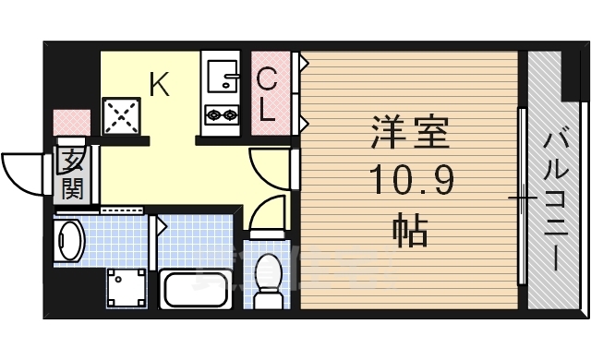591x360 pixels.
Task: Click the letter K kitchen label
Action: click(159, 86)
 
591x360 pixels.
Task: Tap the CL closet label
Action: click(266, 95)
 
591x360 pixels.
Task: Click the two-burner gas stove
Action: click(222, 115)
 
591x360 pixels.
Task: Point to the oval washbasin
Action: click(70, 242)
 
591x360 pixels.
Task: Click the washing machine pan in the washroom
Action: click(126, 289)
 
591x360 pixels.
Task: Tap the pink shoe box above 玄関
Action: click(72, 123)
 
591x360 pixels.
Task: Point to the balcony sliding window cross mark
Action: click(523, 198)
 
